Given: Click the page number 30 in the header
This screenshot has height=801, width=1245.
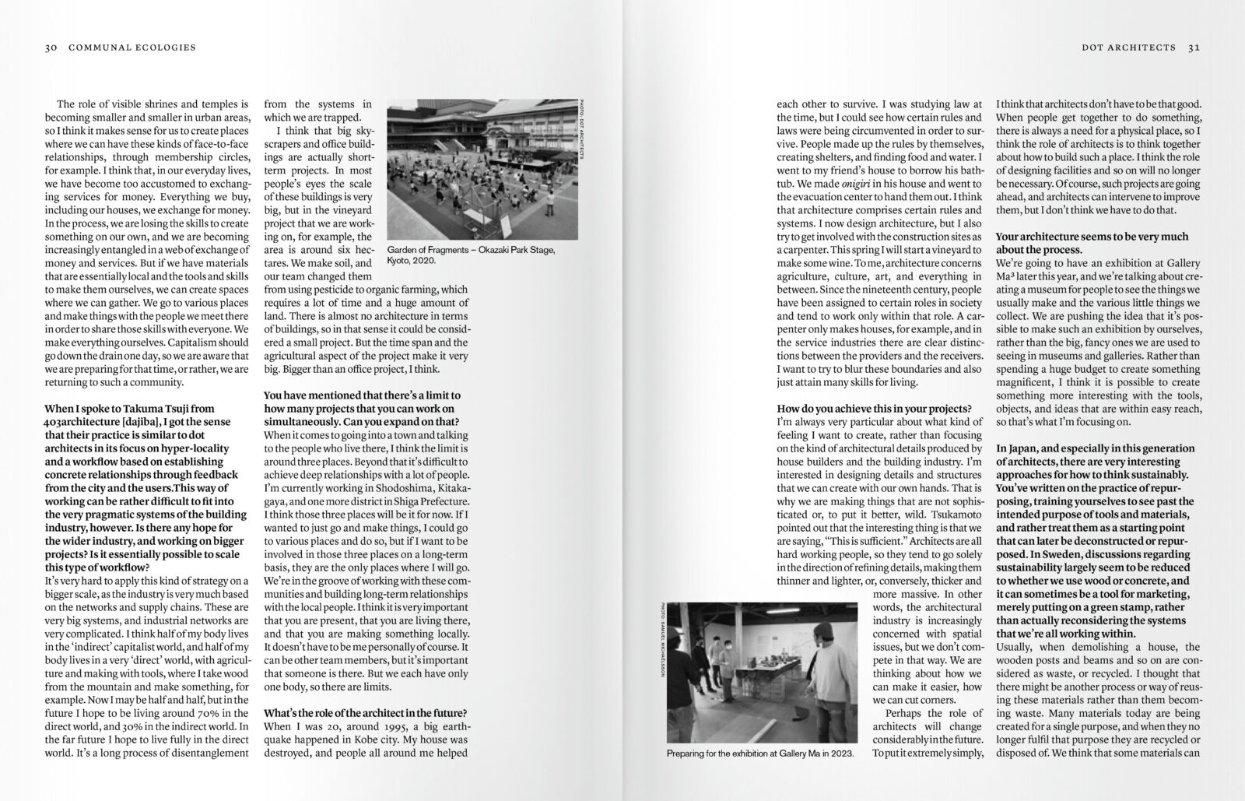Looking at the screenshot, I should pyautogui.click(x=51, y=47).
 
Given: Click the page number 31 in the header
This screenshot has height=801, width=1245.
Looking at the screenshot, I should pyautogui.click(x=1194, y=47).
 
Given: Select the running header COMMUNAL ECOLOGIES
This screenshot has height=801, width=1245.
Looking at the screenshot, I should pyautogui.click(x=132, y=47).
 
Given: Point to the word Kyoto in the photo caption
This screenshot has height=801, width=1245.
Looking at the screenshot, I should pyautogui.click(x=400, y=262).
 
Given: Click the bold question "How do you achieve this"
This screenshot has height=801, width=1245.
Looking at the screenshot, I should pyautogui.click(x=874, y=409).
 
